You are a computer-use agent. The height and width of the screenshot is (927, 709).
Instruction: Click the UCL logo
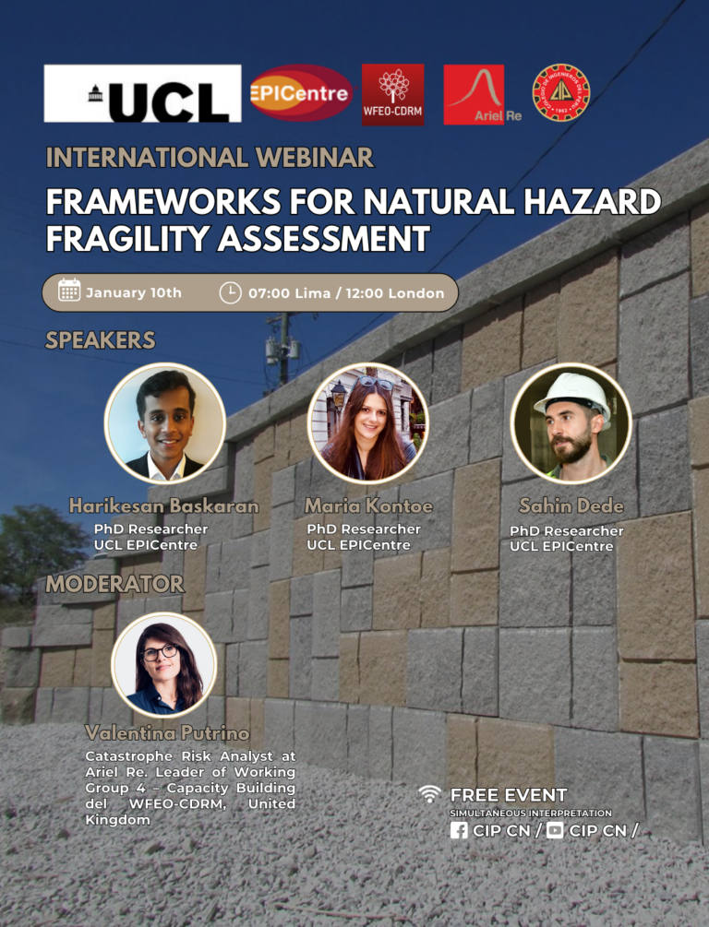[x=142, y=93]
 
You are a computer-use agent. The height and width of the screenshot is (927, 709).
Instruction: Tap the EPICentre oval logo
[x=300, y=93]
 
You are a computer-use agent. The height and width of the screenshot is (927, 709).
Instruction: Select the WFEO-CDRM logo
[x=393, y=95]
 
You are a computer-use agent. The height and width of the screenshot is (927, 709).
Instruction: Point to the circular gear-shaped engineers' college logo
[x=561, y=93]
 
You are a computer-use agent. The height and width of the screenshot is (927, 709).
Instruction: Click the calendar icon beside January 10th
[x=69, y=291]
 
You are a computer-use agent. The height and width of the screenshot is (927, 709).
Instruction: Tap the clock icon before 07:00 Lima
[x=230, y=292]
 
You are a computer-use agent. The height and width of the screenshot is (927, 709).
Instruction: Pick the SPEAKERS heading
[x=101, y=340]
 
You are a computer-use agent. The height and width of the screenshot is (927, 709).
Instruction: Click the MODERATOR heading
[x=114, y=584]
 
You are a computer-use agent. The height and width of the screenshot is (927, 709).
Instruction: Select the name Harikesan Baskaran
[x=164, y=506]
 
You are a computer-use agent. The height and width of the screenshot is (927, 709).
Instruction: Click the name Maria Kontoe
[x=368, y=506]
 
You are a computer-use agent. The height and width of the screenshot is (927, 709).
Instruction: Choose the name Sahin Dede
[x=571, y=506]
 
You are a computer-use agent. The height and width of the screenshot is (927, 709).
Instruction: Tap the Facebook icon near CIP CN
[x=459, y=831]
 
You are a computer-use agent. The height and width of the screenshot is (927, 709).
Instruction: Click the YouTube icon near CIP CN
[x=555, y=831]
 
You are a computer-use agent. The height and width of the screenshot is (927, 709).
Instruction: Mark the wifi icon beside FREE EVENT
[x=429, y=794]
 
